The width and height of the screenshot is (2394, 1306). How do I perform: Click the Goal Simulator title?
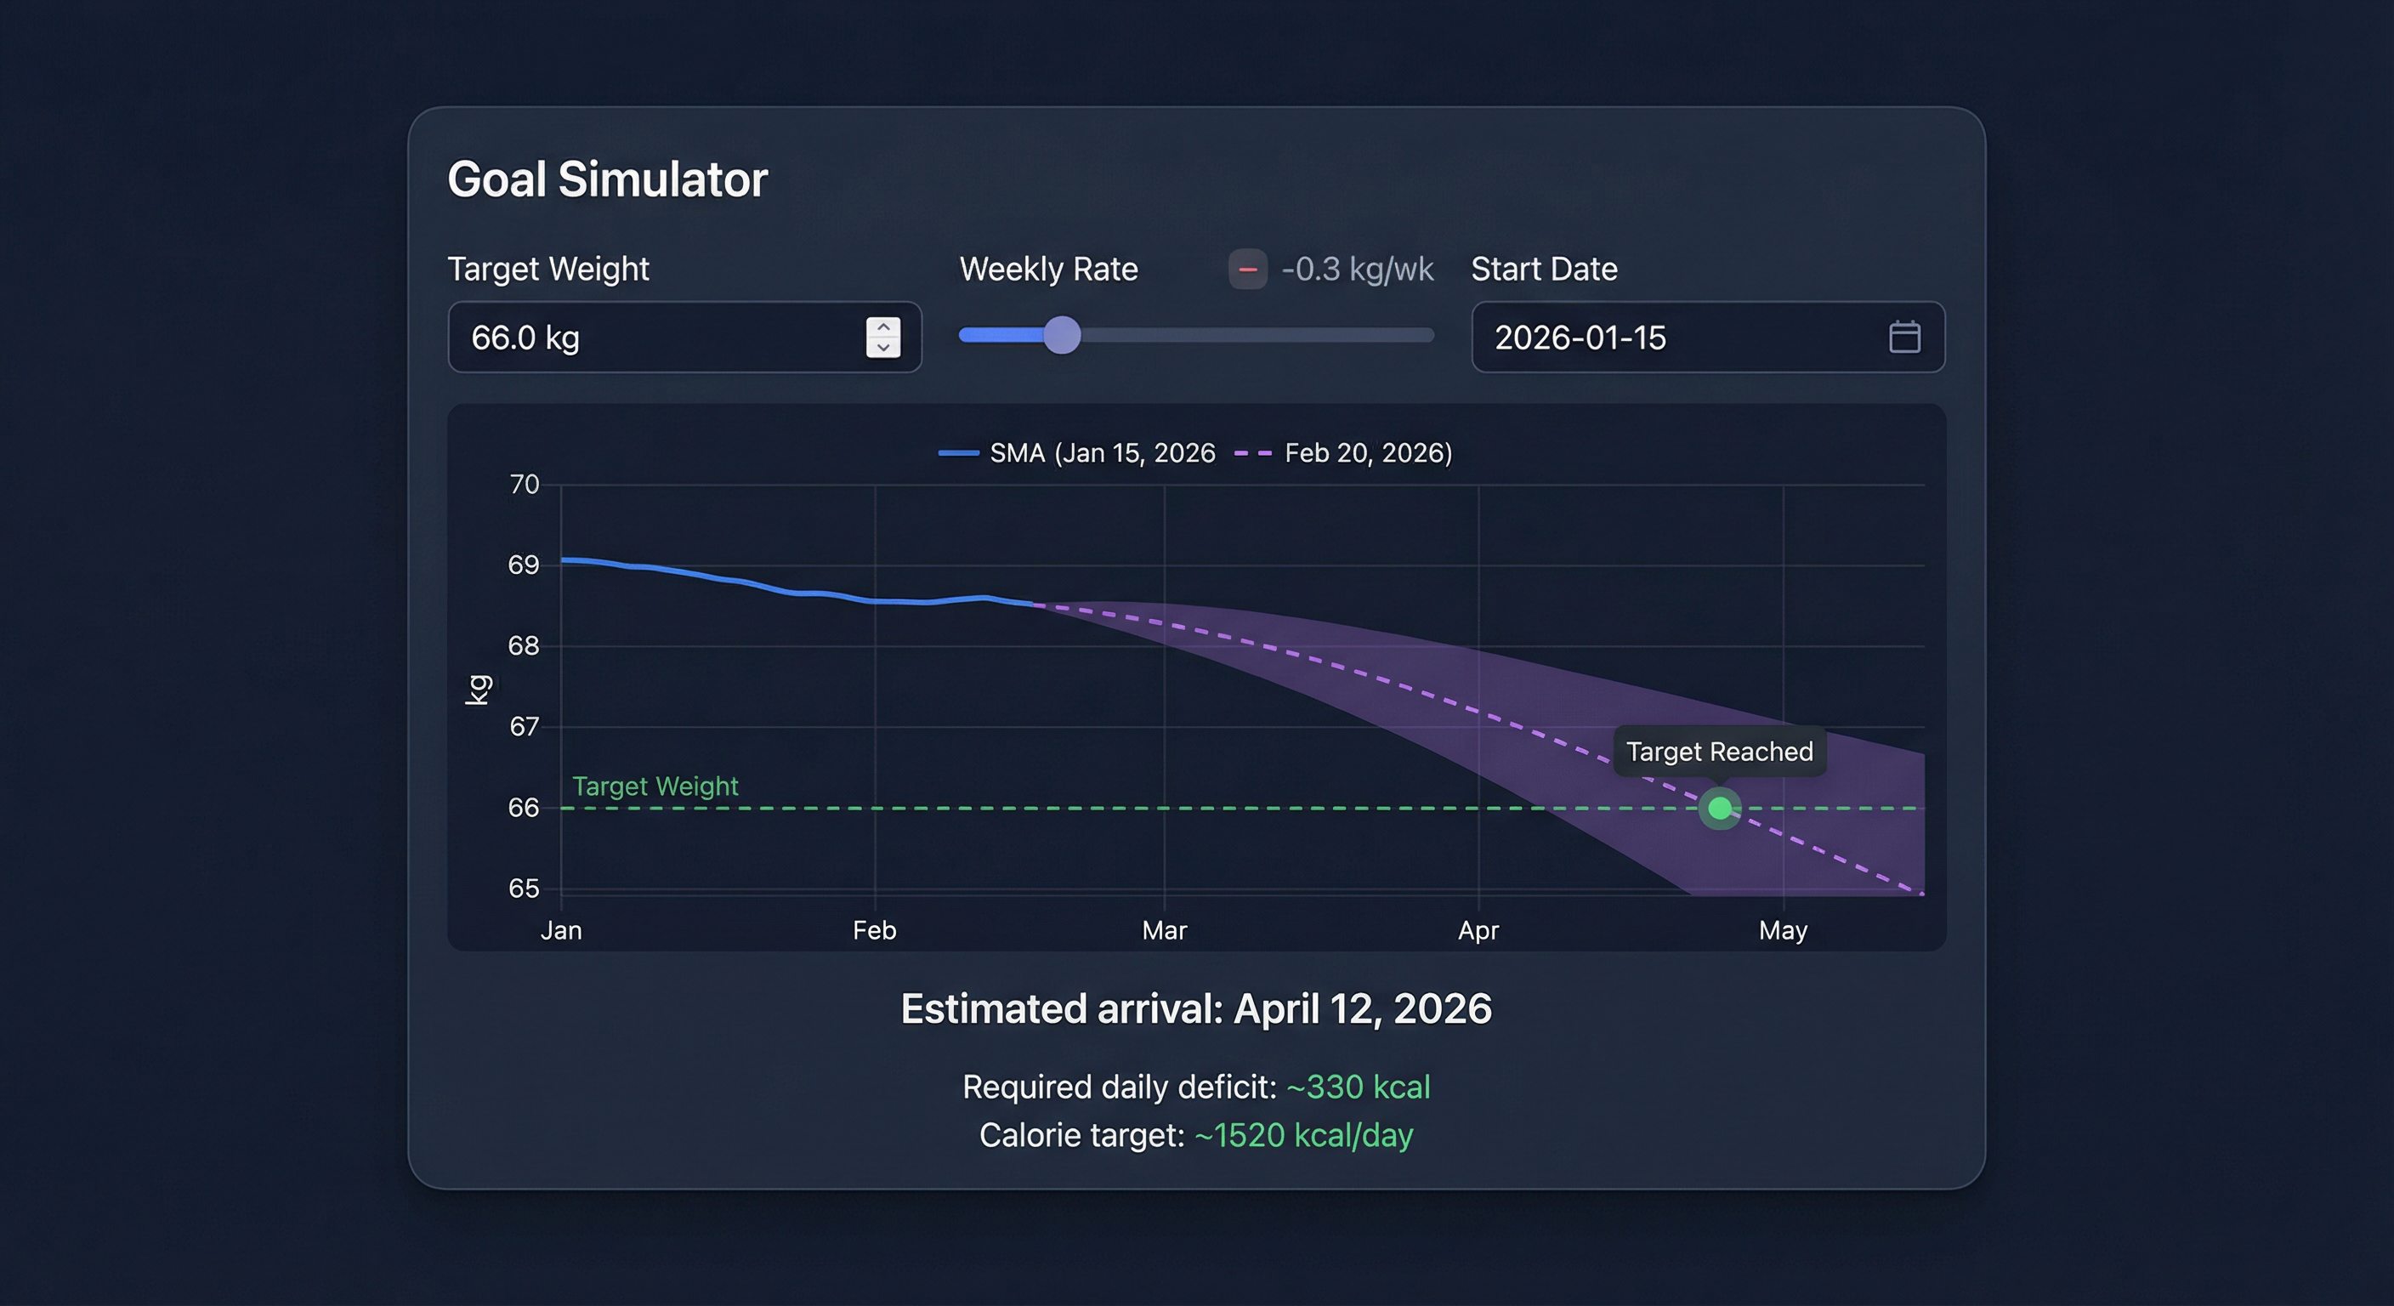point(607,179)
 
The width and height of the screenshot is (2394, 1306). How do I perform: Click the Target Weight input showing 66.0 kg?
point(650,338)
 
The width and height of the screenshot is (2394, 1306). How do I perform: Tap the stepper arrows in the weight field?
point(883,338)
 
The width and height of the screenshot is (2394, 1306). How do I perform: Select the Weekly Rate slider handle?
point(1062,335)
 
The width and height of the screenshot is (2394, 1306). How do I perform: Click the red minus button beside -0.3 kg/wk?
point(1247,270)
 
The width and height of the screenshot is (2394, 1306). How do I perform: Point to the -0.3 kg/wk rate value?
point(1357,270)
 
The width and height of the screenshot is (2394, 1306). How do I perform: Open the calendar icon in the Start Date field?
point(1904,337)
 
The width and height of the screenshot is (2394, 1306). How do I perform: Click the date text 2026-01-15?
point(1580,338)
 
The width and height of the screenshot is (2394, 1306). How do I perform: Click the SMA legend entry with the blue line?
point(1078,452)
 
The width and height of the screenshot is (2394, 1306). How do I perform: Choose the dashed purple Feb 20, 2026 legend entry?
point(1344,452)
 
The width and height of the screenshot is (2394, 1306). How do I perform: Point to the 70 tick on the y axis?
point(525,485)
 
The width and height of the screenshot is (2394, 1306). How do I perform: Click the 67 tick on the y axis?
point(525,726)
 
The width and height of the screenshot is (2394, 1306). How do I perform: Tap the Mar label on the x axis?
point(1165,930)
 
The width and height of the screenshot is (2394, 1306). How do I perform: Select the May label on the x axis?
point(1783,930)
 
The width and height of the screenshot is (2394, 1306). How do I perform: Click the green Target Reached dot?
point(1720,808)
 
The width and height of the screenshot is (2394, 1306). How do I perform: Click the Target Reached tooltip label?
point(1719,751)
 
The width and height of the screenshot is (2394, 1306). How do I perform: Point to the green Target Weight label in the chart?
point(655,786)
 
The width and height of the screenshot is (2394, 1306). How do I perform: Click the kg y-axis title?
point(478,690)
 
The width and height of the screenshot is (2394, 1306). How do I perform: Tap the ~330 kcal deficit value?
point(1358,1087)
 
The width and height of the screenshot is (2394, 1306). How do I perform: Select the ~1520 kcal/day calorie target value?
point(1303,1135)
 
